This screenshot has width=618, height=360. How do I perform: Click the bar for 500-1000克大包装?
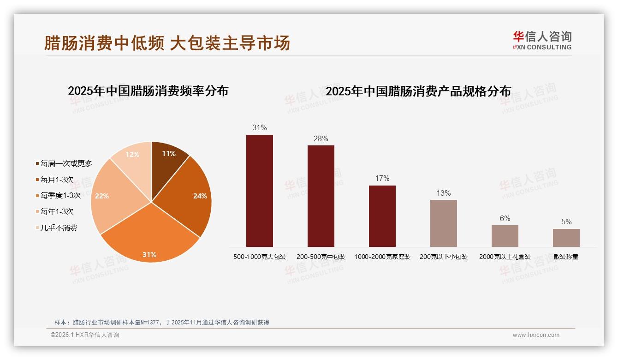tap(259, 191)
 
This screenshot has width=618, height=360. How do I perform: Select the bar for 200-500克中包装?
tap(321, 196)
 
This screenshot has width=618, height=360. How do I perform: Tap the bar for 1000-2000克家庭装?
tap(382, 216)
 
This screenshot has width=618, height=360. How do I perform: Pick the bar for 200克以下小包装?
tap(443, 223)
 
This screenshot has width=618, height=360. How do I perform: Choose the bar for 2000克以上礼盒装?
tap(505, 236)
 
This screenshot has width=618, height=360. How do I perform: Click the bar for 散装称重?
tap(566, 238)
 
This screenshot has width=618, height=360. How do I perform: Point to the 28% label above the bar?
tap(321, 138)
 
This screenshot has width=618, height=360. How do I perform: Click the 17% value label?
tap(382, 178)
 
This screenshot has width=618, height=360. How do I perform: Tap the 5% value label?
tap(566, 222)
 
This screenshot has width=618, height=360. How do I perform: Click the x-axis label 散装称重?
tap(566, 257)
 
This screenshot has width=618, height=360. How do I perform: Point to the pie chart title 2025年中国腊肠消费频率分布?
tap(148, 91)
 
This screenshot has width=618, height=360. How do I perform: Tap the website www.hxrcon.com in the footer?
tap(535, 335)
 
